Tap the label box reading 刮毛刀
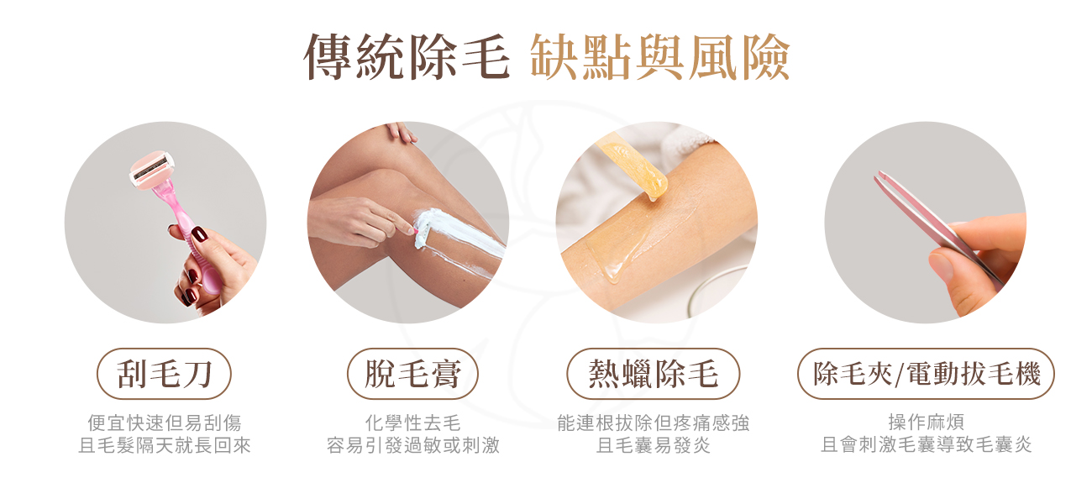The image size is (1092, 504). tap(164, 374)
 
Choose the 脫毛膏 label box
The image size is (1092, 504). tap(412, 374)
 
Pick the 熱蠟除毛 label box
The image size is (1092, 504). tap(654, 374)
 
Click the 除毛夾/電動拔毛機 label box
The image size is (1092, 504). tap(926, 374)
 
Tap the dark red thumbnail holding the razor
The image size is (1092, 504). tap(199, 234)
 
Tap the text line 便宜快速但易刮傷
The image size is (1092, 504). tap(164, 423)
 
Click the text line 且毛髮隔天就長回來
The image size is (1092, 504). tap(164, 445)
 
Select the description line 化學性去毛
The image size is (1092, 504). tap(412, 423)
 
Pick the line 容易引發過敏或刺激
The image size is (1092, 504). tap(412, 445)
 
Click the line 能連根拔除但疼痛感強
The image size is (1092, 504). tap(654, 423)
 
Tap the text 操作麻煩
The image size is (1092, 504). tap(926, 423)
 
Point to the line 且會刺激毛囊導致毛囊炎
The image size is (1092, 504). tap(926, 445)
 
